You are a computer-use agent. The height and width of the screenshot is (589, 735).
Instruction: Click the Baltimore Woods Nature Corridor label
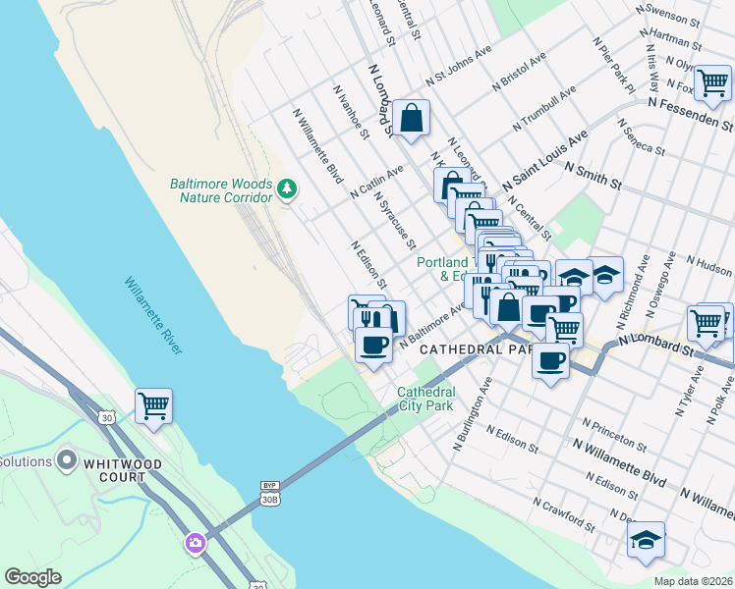coord(220,190)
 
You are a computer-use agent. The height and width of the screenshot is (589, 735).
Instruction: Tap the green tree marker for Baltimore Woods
coord(287,187)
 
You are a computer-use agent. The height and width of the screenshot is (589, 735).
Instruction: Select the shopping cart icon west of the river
coord(153,404)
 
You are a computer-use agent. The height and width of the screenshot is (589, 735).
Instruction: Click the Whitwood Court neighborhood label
coord(102,477)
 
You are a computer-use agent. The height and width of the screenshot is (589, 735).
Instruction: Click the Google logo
coord(33,577)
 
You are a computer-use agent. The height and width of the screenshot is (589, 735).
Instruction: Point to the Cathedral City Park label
coord(426,400)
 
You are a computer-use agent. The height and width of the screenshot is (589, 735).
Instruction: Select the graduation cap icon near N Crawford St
coord(646,539)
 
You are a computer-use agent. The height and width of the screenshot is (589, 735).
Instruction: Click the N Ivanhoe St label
coord(350,111)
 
